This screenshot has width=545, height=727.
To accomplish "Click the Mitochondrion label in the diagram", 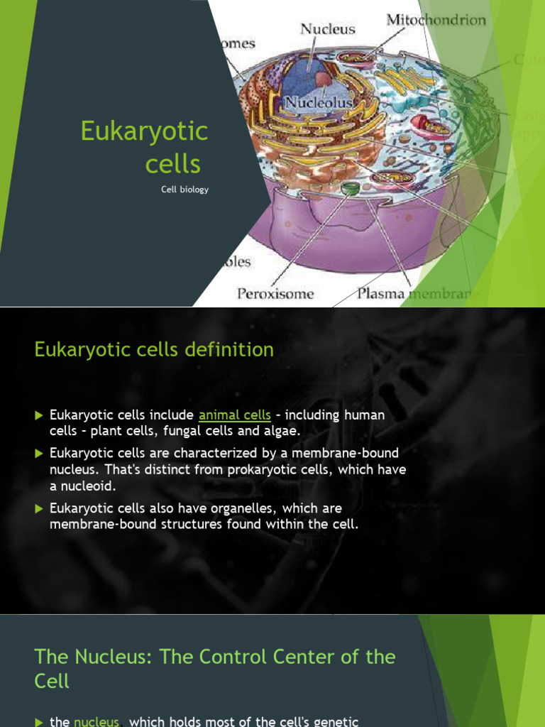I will point(436,20).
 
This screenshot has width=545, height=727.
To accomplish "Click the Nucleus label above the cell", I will point(327,29).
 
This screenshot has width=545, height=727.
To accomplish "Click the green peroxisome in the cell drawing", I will point(350,189).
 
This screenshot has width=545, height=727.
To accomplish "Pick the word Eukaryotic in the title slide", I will point(144,131).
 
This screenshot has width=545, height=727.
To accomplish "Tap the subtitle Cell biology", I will point(185,190).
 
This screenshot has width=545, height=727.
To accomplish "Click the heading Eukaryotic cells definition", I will point(154,349).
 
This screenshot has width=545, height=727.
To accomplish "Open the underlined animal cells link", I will point(235,415).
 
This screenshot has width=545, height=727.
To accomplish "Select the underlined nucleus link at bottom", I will point(97,721).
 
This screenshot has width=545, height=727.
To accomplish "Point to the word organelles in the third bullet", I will point(278,508).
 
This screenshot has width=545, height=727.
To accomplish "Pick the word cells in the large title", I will point(172,164).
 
